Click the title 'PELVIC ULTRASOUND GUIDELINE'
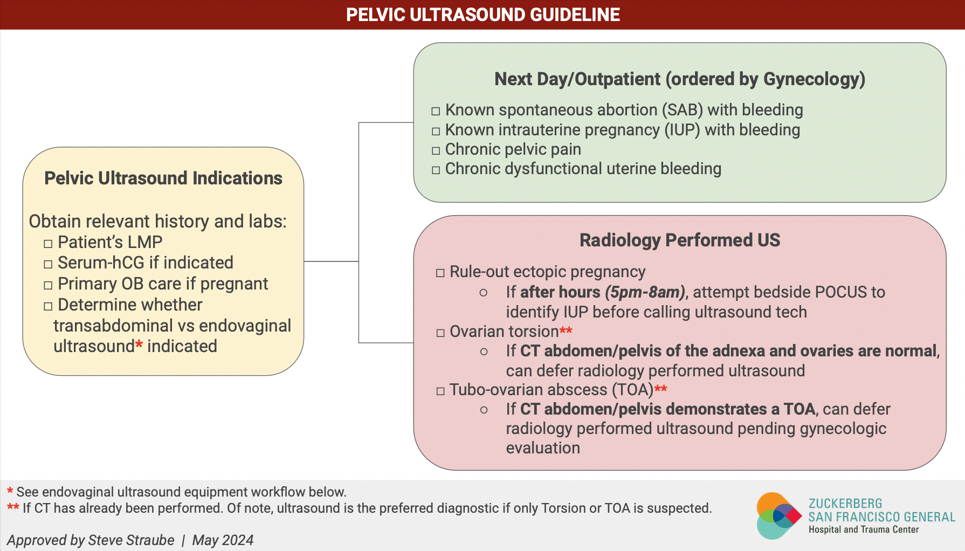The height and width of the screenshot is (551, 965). [x=482, y=15]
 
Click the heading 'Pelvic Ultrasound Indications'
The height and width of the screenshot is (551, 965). [x=163, y=178]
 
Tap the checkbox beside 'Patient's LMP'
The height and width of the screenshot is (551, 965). [x=48, y=244]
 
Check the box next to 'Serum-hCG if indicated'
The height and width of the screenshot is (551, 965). [x=48, y=264]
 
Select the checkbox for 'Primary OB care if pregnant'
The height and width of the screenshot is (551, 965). [x=48, y=285]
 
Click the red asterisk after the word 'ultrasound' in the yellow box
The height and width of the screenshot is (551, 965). [x=139, y=345]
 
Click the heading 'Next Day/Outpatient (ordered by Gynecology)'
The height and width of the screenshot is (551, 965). [x=679, y=79]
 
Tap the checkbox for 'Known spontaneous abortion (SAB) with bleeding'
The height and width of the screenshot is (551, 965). [x=436, y=112]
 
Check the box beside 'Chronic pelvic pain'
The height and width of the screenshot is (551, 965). [x=436, y=151]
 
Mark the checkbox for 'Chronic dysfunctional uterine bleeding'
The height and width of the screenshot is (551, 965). [x=436, y=170]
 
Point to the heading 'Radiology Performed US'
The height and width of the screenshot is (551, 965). [x=679, y=240]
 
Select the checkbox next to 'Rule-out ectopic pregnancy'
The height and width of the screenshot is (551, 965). [x=440, y=273]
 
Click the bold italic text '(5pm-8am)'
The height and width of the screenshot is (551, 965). [x=645, y=292]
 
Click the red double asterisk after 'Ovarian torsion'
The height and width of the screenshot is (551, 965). [x=566, y=330]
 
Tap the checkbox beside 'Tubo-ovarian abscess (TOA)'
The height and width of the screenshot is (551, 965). [x=440, y=391]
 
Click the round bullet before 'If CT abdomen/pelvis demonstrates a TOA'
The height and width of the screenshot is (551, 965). [x=484, y=410]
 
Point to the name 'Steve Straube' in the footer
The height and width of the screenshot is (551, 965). [x=131, y=540]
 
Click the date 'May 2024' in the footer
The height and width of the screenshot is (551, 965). [x=223, y=540]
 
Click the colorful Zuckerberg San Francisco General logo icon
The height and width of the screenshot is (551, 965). [x=778, y=516]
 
